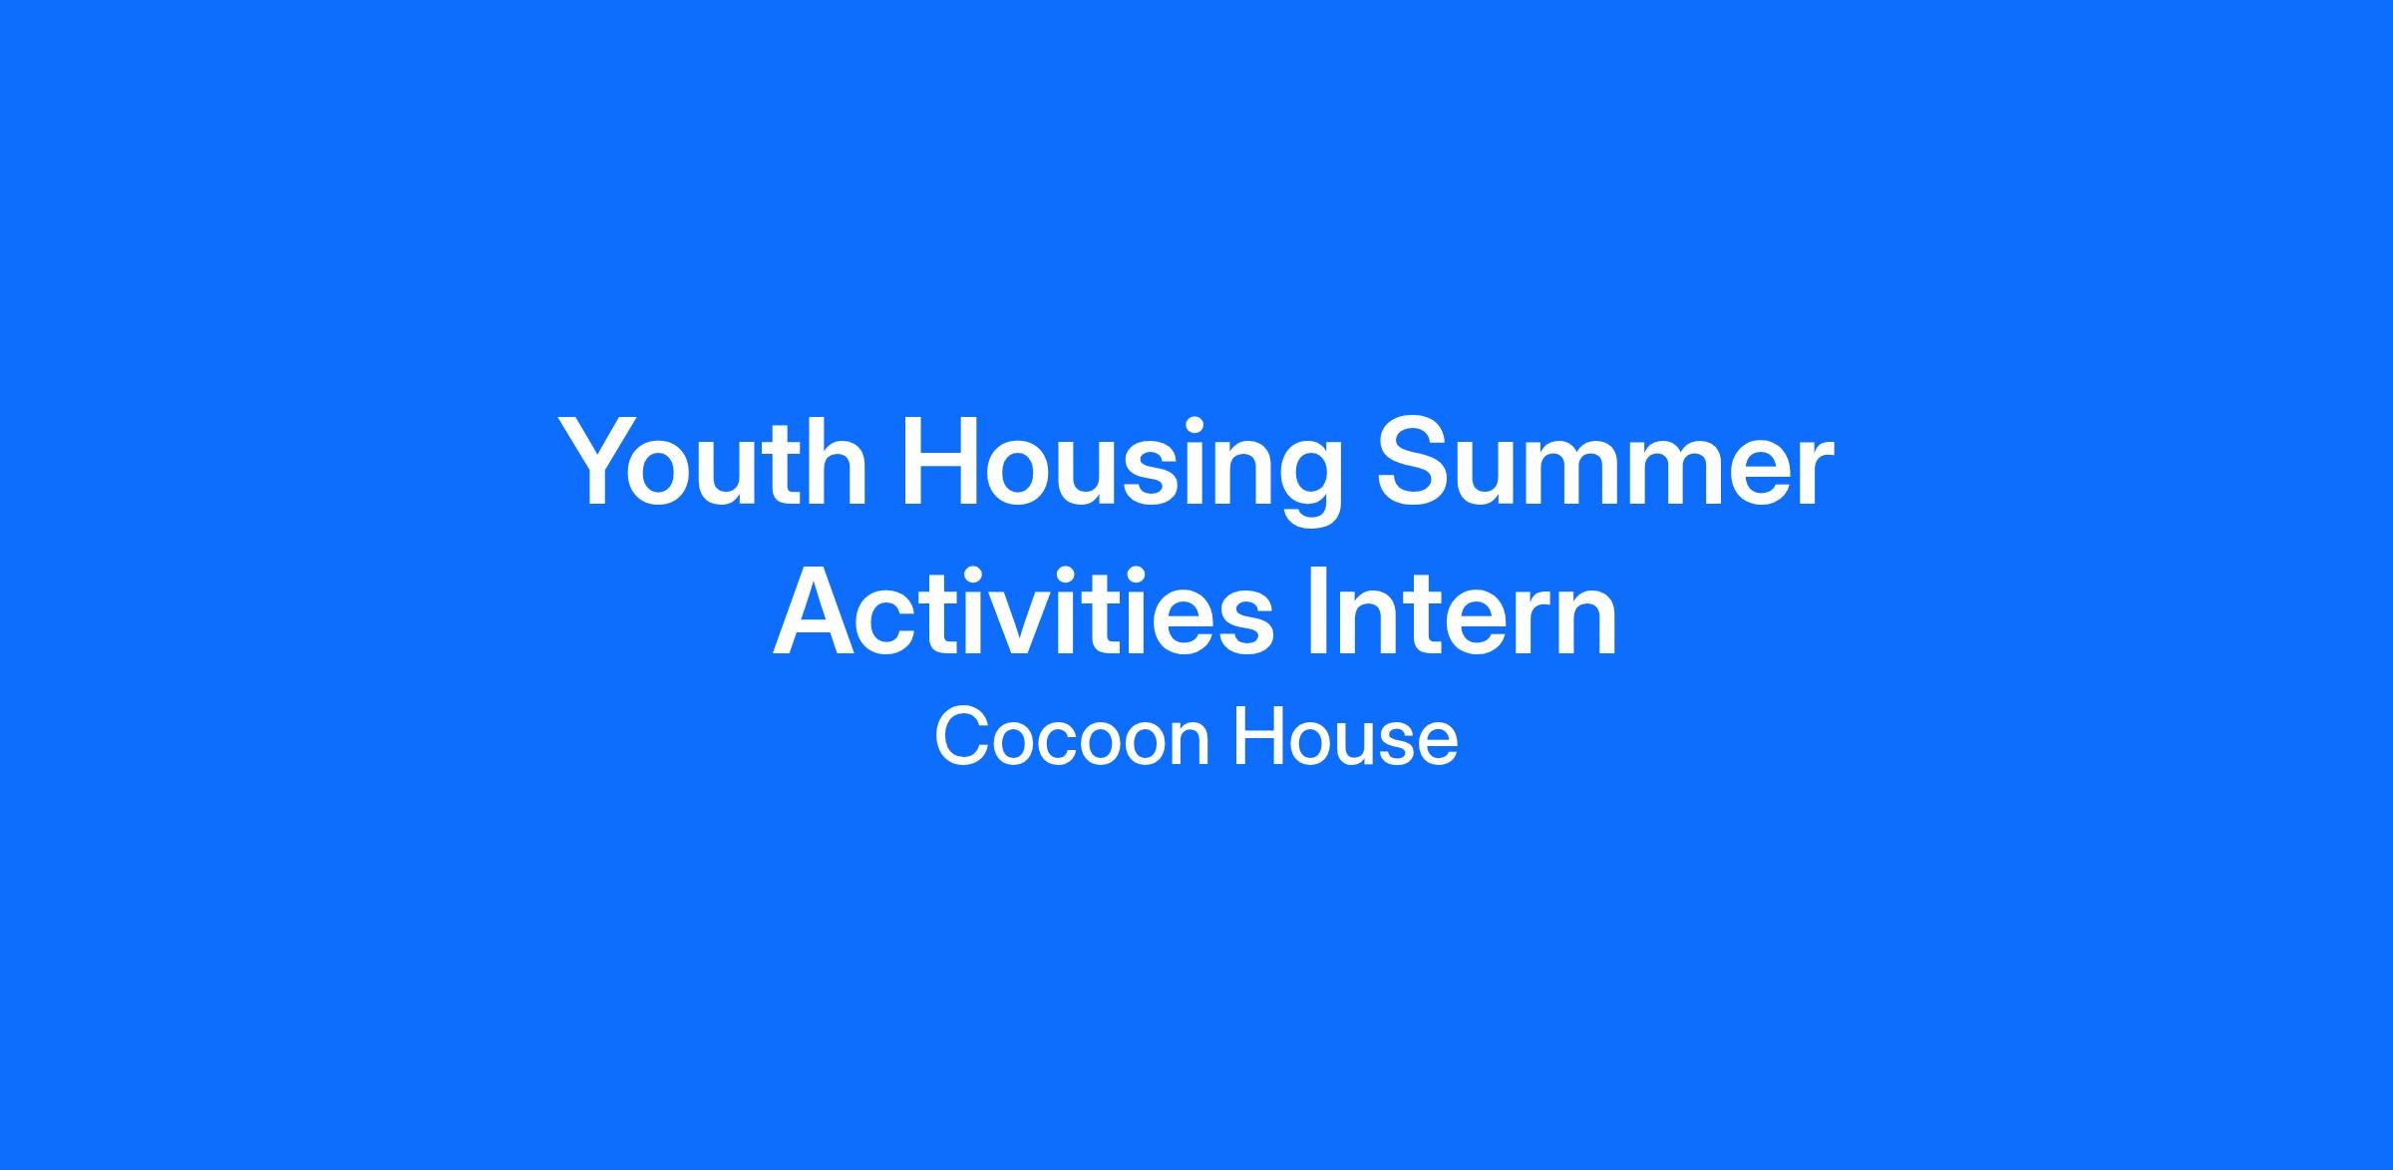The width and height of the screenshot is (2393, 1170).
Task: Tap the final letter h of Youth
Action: click(836, 463)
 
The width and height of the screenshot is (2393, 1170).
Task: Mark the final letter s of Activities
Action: click(1246, 624)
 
